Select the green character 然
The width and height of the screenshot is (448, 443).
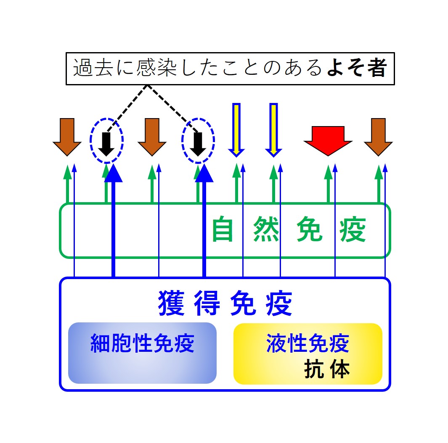pyautogui.click(x=266, y=229)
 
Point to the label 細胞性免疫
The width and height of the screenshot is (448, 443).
pyautogui.click(x=142, y=344)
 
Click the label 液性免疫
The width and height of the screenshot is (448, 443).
pyautogui.click(x=308, y=344)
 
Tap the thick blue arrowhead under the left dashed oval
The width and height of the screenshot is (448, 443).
pyautogui.click(x=113, y=174)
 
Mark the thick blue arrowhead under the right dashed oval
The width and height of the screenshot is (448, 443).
pyautogui.click(x=204, y=174)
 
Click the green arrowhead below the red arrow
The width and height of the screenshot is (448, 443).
pyautogui.click(x=328, y=172)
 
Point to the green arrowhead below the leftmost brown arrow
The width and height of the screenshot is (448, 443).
pyautogui.click(x=67, y=172)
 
